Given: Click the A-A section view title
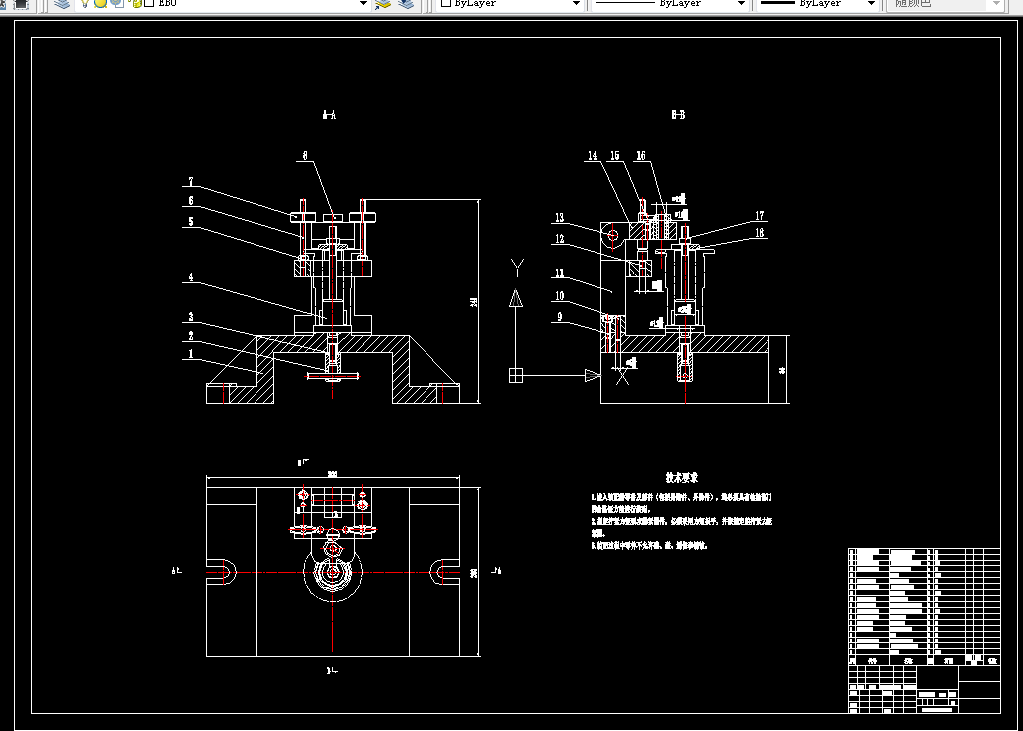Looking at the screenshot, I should tap(329, 116).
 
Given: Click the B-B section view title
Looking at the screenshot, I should tap(678, 116).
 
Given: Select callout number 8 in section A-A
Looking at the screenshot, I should tap(305, 156).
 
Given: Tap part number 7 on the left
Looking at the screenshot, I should tap(190, 182).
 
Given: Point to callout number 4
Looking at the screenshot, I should tap(190, 277).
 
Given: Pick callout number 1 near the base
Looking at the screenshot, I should tap(190, 353).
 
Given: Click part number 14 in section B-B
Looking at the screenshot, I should tap(592, 156).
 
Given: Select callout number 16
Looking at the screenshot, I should tap(641, 156).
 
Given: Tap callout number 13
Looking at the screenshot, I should tap(560, 217).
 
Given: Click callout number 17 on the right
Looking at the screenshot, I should tap(759, 215).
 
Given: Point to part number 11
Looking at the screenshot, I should tap(560, 274).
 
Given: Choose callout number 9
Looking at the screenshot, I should tap(560, 317).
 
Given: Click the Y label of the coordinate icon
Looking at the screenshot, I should tap(516, 265).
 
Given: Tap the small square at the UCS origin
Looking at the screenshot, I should tap(515, 375).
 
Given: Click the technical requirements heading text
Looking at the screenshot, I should tap(682, 477).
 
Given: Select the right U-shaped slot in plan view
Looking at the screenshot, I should tap(443, 572).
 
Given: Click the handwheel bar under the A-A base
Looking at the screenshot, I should tap(333, 375).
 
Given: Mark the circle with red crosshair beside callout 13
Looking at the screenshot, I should tap(612, 235).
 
